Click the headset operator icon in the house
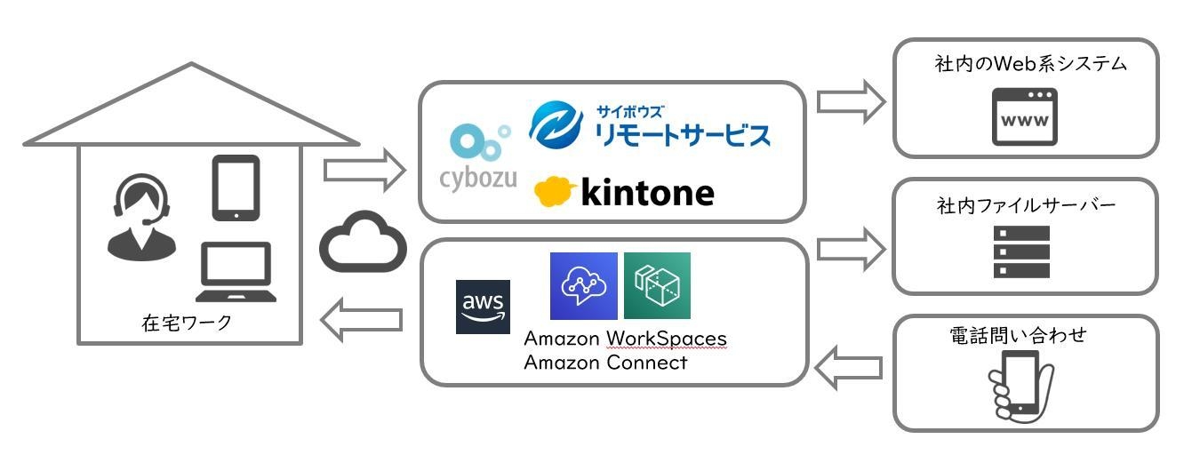(140, 217)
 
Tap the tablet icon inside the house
(236, 187)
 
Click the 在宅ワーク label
(187, 323)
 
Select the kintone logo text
(646, 192)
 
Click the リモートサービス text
(681, 135)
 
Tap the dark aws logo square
(483, 307)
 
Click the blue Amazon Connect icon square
(583, 286)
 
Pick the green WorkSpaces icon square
(657, 286)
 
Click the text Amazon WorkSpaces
(625, 339)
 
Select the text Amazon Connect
(605, 363)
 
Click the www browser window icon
(1024, 117)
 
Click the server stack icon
(1023, 252)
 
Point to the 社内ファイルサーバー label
(1025, 205)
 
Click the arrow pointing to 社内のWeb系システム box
(851, 101)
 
